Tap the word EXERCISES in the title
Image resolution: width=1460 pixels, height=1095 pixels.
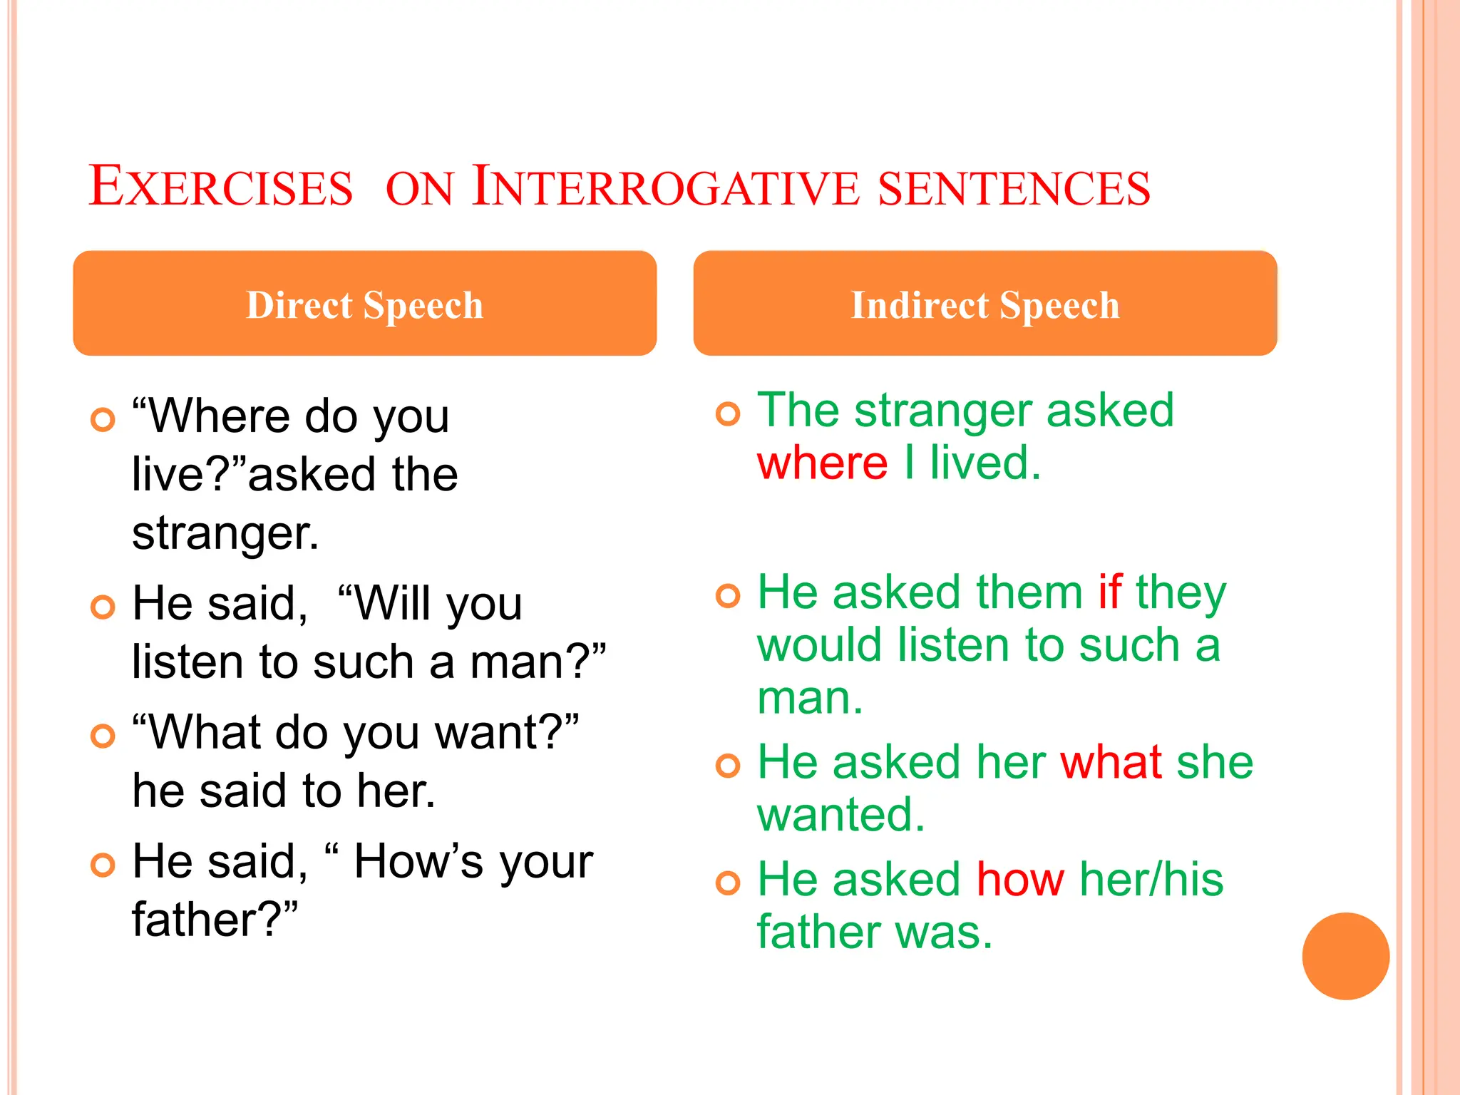pos(220,187)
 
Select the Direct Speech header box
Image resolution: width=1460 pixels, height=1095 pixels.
pos(364,304)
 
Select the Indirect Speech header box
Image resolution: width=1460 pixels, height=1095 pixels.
pos(985,304)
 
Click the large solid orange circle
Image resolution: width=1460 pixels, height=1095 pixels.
pos(1345,956)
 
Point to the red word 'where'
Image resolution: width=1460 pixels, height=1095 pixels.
pos(822,463)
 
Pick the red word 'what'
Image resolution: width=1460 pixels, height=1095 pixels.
pos(1111,762)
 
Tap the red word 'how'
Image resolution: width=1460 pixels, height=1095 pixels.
pos(1020,879)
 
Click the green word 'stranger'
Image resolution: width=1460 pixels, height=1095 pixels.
pos(944,412)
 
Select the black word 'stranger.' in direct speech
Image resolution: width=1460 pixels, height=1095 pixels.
pos(225,534)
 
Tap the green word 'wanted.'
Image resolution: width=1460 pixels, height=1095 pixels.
pos(840,815)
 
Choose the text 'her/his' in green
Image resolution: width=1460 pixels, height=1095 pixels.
pos(1151,879)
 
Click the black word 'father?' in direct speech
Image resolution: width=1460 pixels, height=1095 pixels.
pos(215,920)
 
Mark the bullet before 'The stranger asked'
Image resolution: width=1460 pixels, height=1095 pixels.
pos(728,413)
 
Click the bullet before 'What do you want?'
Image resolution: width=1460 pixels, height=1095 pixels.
pos(103,736)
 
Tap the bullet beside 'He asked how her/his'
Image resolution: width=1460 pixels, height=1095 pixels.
pos(728,883)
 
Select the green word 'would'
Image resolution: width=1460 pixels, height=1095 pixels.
pos(821,645)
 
